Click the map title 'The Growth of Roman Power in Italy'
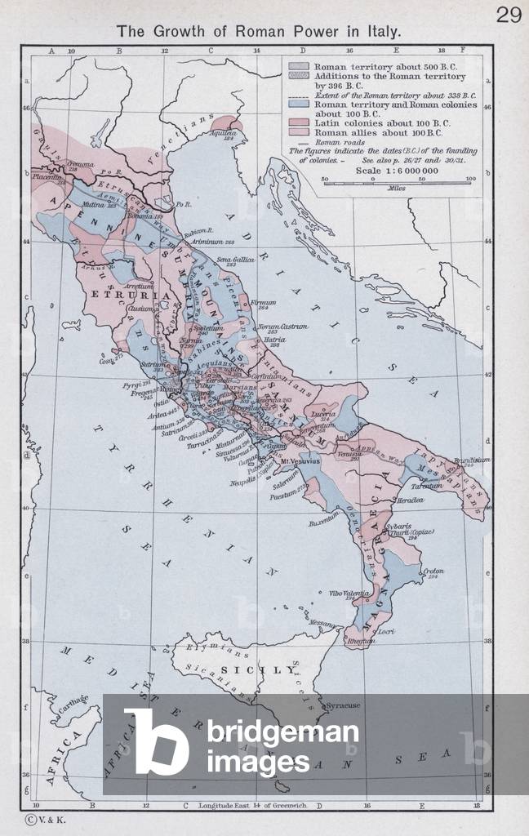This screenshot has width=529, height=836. coord(259,32)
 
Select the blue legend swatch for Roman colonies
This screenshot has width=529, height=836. coord(298,105)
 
